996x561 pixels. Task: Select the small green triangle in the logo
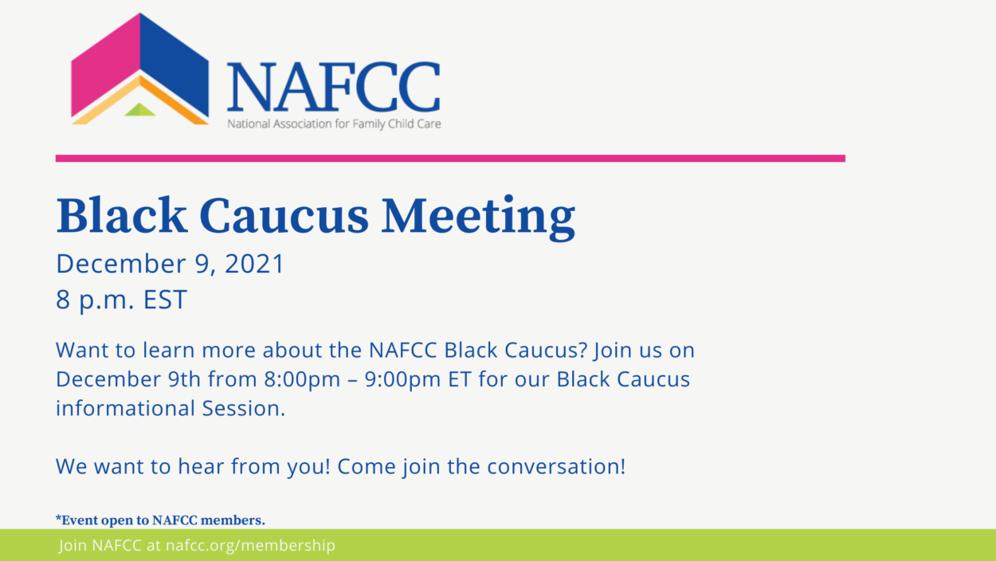click(x=140, y=110)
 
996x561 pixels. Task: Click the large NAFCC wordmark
click(x=333, y=87)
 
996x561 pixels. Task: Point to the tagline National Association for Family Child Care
click(x=334, y=124)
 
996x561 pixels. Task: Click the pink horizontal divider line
click(x=450, y=159)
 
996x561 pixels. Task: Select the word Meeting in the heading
click(x=478, y=215)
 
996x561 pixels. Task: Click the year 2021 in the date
click(x=254, y=264)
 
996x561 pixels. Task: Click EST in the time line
click(x=165, y=300)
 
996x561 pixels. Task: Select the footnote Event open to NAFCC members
click(x=160, y=520)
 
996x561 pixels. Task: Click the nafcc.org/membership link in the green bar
click(x=250, y=546)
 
